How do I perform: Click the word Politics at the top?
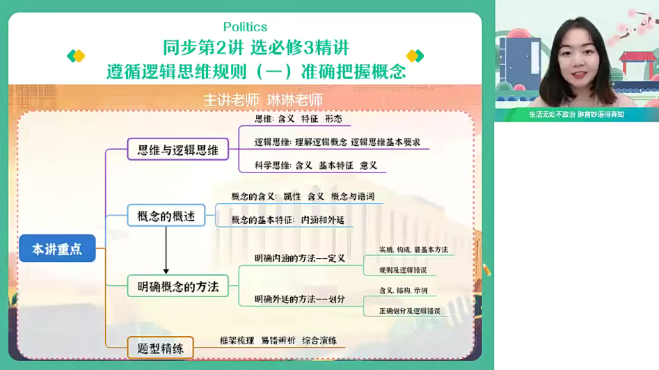point(245,27)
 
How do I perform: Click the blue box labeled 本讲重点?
point(57,248)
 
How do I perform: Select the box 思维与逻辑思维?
point(178,150)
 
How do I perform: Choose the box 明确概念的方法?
point(178,286)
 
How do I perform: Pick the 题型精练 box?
point(161,348)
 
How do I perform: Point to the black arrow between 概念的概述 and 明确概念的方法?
point(166,250)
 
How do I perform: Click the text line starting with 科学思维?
point(316,166)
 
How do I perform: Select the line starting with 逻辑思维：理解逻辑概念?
point(337,143)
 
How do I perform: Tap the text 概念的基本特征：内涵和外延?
point(287,220)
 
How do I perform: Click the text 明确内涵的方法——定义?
point(300,258)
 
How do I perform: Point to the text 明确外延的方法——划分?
point(300,299)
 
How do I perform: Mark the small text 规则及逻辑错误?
point(403,269)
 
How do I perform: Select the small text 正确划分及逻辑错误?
point(410,311)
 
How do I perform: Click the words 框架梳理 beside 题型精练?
point(236,341)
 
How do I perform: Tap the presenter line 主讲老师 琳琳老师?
point(263,99)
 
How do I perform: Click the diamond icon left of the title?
point(76,56)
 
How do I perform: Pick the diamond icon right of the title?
point(415,56)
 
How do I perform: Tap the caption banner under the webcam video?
point(576,115)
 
